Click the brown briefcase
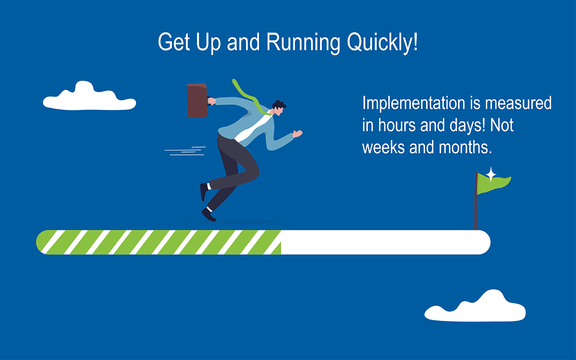(197, 100)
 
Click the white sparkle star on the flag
(491, 174)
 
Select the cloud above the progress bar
(89, 96)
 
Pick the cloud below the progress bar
(475, 306)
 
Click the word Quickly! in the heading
(382, 42)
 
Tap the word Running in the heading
(303, 42)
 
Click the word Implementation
(414, 103)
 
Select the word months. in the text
(465, 147)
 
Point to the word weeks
(383, 147)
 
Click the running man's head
(279, 108)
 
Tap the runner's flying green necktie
(251, 98)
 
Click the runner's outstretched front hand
(297, 134)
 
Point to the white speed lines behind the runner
(185, 151)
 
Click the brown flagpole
(476, 201)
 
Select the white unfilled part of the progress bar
(386, 242)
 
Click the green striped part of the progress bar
(158, 242)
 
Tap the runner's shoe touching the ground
(208, 215)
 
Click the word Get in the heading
(174, 42)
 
